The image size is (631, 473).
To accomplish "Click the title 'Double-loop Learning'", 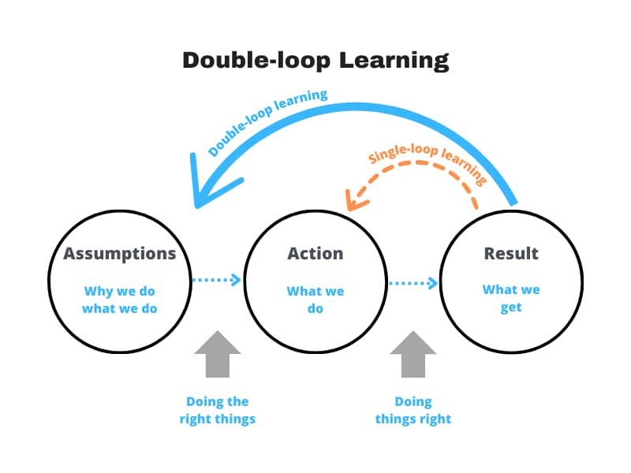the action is [315, 61].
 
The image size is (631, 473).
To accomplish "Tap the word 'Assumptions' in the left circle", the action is [120, 254].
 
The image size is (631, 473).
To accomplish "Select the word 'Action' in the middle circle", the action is [315, 254].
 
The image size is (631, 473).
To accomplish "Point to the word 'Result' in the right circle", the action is [511, 254].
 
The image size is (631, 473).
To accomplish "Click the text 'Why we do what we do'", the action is [120, 300].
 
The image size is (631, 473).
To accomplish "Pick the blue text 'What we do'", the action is [315, 300].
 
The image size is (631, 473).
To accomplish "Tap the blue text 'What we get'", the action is [511, 299].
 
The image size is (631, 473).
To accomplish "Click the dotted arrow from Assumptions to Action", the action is [216, 280].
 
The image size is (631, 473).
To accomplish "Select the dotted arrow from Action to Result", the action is [413, 283].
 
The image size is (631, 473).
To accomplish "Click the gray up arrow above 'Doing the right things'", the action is [218, 354].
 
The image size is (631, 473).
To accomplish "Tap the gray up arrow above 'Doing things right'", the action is [413, 354].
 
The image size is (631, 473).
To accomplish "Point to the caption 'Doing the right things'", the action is [218, 410].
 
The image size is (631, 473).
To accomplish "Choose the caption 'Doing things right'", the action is [413, 410].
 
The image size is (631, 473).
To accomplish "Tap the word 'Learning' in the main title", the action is [394, 61].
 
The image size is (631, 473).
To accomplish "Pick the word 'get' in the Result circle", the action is [511, 307].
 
